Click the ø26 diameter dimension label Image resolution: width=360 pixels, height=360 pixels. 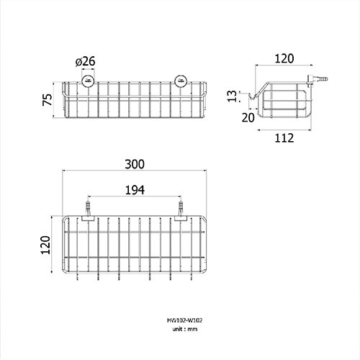click(85, 61)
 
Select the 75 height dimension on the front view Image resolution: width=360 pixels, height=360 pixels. click(48, 99)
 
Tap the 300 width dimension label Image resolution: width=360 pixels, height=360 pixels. click(135, 164)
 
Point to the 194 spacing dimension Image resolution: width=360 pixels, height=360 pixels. click(135, 190)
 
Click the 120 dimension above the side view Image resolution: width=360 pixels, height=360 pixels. click(284, 58)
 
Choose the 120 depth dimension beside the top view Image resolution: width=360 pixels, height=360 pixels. click(45, 245)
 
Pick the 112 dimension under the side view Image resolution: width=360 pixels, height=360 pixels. click(284, 138)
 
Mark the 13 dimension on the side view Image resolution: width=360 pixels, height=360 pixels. click(232, 96)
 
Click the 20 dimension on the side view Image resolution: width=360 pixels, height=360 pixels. click(248, 117)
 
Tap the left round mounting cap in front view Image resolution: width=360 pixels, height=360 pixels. click(88, 81)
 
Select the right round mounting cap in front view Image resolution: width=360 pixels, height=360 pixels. click(181, 81)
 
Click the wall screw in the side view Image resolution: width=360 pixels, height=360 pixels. click(318, 79)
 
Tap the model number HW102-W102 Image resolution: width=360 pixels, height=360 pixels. click(184, 320)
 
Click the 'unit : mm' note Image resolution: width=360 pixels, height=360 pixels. click(184, 329)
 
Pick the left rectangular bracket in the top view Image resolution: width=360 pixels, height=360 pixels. click(89, 218)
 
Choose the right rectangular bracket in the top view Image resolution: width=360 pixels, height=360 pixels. click(181, 218)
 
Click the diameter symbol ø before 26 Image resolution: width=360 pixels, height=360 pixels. click(78, 62)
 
